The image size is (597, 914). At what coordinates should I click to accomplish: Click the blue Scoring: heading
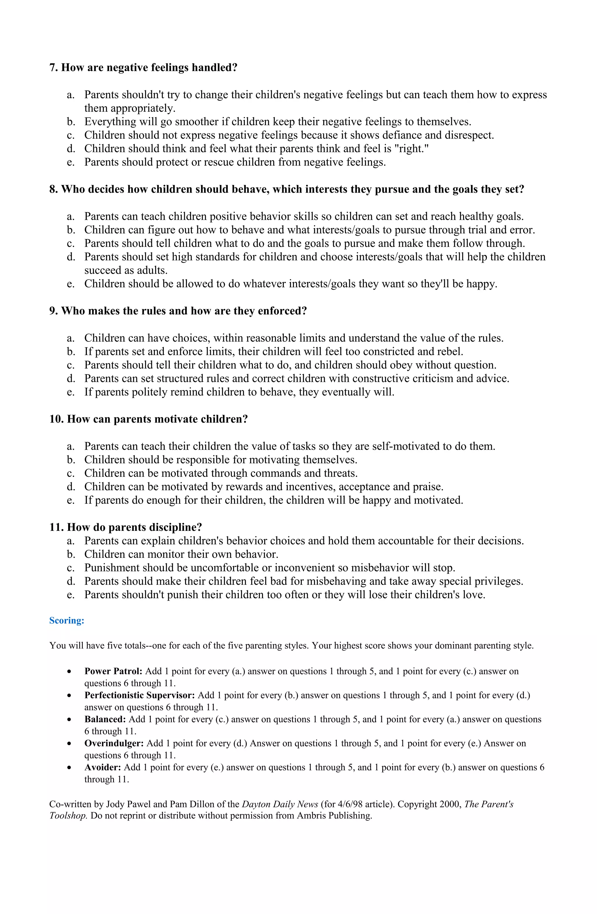pyautogui.click(x=66, y=621)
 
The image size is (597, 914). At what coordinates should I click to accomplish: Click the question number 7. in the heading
pyautogui.click(x=53, y=68)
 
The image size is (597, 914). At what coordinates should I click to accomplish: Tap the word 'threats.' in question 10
pyautogui.click(x=340, y=473)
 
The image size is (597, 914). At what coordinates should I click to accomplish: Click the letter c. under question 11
pyautogui.click(x=71, y=568)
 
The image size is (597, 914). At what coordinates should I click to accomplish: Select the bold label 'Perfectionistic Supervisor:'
pyautogui.click(x=140, y=695)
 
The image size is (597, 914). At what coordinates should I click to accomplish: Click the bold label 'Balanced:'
pyautogui.click(x=105, y=719)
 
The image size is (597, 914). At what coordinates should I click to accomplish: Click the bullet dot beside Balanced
pyautogui.click(x=69, y=720)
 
